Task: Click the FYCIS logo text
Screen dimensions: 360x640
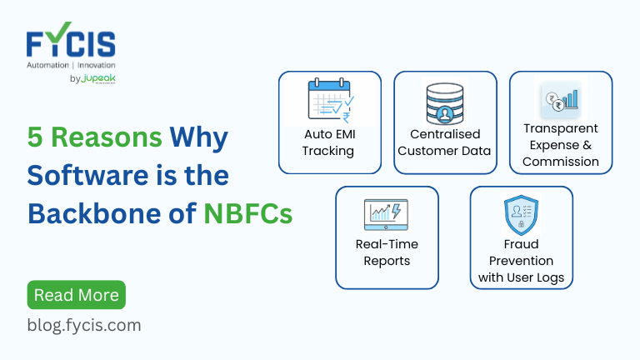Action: (x=70, y=42)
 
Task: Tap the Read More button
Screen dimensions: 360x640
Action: (x=76, y=295)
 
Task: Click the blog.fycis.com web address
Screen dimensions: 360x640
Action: (x=84, y=325)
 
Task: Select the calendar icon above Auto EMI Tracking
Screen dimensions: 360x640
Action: (x=329, y=101)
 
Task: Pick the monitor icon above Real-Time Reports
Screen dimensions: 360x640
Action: (x=386, y=214)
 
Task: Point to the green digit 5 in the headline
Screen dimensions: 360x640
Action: (x=35, y=136)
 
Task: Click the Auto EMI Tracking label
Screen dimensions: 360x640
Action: (x=329, y=142)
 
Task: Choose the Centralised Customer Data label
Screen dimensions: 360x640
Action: (x=444, y=142)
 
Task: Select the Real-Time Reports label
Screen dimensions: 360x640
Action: (x=386, y=252)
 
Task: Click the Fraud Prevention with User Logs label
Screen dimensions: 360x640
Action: (x=521, y=261)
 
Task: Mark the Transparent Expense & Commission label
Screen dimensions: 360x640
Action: (x=560, y=145)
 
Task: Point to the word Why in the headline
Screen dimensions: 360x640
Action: (x=198, y=136)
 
